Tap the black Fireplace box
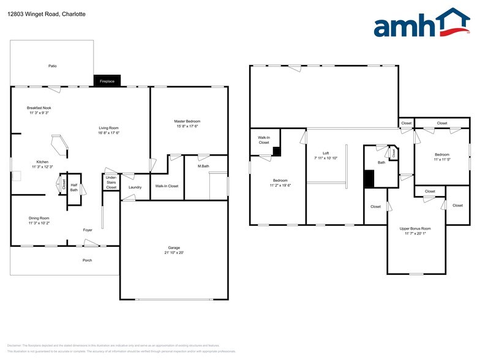pyautogui.click(x=107, y=81)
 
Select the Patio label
pyautogui.click(x=53, y=66)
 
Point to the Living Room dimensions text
pyautogui.click(x=109, y=133)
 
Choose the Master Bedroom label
pyautogui.click(x=187, y=121)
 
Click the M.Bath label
pyautogui.click(x=204, y=167)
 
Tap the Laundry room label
pyautogui.click(x=135, y=187)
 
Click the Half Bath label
pyautogui.click(x=73, y=187)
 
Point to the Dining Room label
pyautogui.click(x=39, y=218)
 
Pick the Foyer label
pyautogui.click(x=88, y=230)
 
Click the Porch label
pyautogui.click(x=88, y=260)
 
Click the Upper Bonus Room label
pyautogui.click(x=415, y=228)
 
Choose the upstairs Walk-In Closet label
pyautogui.click(x=264, y=140)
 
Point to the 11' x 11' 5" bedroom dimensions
pyautogui.click(x=442, y=159)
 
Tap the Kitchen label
pyautogui.click(x=42, y=162)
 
